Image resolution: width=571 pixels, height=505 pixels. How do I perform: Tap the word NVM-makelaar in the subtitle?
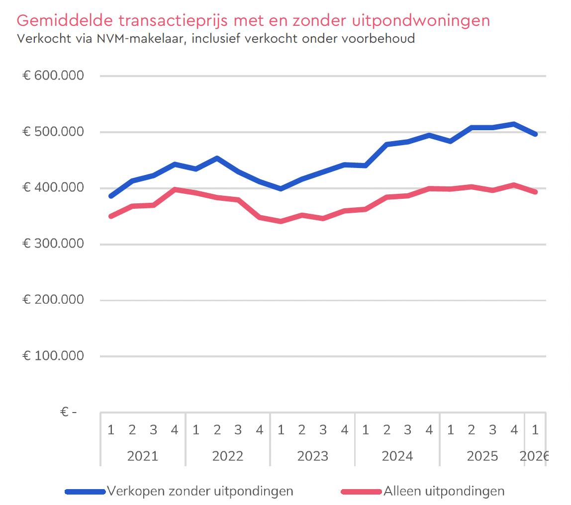point(141,38)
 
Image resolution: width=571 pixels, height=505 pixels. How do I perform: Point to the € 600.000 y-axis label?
point(53,76)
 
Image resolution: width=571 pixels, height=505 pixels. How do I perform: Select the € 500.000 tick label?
point(53,131)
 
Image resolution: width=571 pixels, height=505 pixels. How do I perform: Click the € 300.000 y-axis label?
point(53,244)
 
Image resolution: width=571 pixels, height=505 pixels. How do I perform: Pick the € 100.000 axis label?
point(53,355)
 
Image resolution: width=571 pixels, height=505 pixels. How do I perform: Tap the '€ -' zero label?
point(69,412)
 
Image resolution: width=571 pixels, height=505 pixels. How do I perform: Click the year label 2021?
point(142,456)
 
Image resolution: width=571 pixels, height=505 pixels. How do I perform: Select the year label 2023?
point(312,456)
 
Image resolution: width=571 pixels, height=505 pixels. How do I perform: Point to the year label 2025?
point(482,456)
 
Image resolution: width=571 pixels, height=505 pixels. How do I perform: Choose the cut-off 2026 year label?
point(534,456)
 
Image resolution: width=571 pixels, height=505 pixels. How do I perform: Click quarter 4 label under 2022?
point(259,430)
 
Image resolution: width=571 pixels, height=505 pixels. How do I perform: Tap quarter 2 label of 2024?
point(387,430)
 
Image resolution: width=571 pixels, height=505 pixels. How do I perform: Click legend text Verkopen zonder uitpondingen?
point(200,491)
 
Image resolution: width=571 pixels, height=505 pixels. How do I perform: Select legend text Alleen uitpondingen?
point(444,491)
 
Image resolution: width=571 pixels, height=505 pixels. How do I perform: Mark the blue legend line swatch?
point(85,492)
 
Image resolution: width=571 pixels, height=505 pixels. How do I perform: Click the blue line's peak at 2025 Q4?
point(514,124)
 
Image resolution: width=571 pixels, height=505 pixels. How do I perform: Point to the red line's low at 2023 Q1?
point(281,221)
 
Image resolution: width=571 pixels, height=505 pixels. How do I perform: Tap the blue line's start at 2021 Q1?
point(111,196)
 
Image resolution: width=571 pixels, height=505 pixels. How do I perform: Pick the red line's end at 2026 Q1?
point(535,192)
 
